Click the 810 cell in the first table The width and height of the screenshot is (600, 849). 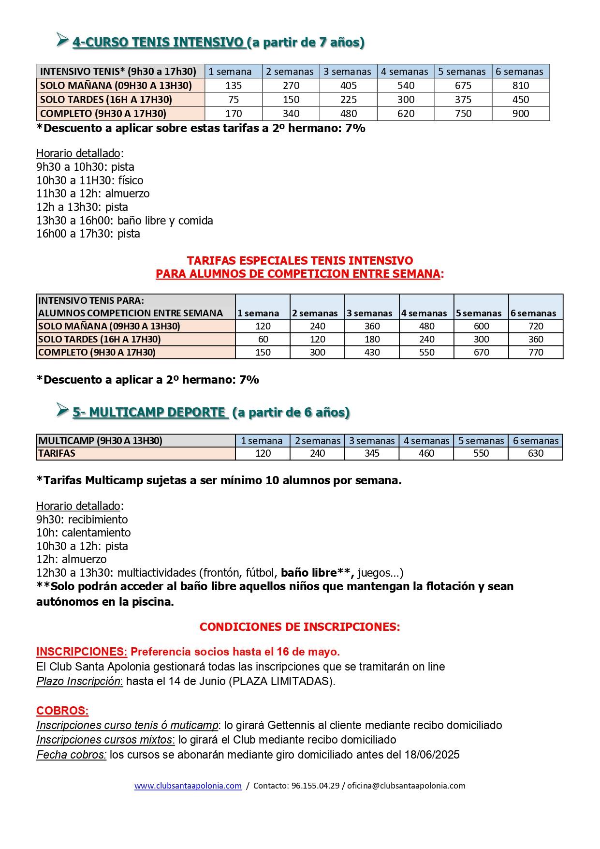(520, 86)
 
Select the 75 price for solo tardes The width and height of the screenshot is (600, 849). (234, 100)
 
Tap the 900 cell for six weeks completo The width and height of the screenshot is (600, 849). (520, 114)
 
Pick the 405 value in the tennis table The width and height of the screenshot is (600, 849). (348, 86)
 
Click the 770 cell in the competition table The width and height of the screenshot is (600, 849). (536, 352)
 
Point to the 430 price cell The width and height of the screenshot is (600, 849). (372, 352)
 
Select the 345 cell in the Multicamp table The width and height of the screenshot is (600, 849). (372, 453)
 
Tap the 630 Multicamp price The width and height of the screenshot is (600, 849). (536, 453)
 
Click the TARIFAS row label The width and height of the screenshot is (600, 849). (57, 453)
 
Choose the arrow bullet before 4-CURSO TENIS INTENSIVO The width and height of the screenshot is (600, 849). (62, 40)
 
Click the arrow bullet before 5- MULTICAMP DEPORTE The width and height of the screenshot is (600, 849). (62, 410)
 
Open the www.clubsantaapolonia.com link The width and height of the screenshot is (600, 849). (188, 786)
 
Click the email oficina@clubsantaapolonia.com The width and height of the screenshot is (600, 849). (406, 786)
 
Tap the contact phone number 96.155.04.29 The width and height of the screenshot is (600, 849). (316, 786)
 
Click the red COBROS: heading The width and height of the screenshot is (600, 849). (62, 711)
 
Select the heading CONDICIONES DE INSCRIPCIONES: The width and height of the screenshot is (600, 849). (300, 627)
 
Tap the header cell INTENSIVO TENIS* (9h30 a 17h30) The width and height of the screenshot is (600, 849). (118, 72)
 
